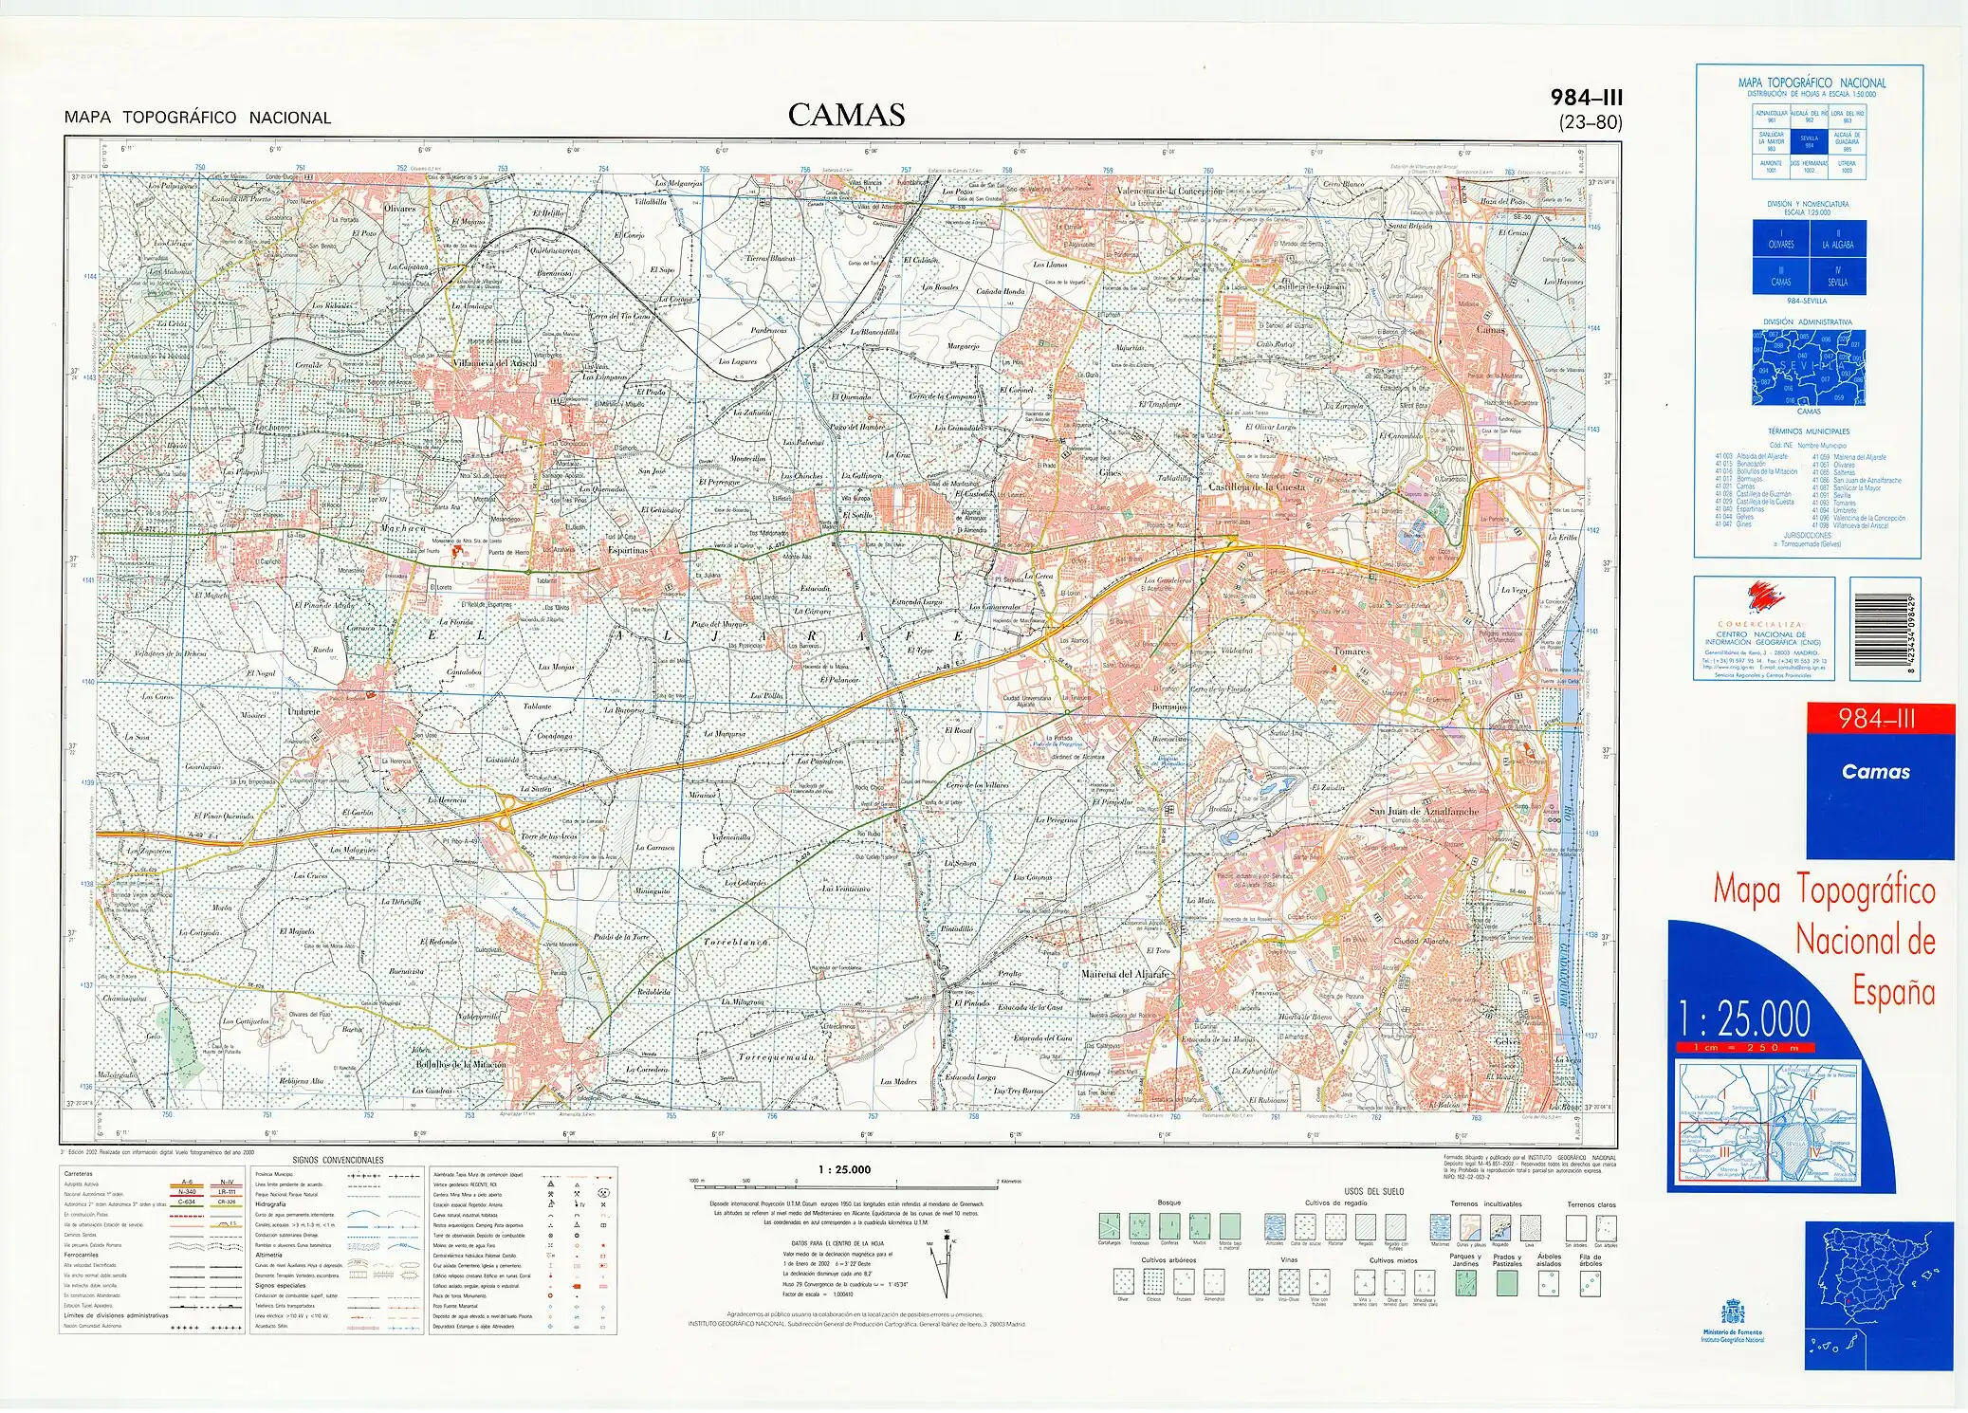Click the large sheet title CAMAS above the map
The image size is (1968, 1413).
(846, 116)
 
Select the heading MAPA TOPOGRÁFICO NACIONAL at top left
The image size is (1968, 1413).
(197, 118)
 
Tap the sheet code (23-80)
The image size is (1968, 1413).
(1590, 122)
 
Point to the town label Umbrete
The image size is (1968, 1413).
(303, 710)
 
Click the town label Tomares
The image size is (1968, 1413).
(1351, 651)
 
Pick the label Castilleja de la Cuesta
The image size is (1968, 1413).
(1256, 486)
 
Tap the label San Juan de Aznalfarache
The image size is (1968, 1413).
(1423, 812)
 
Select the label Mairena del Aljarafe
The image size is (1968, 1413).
(1125, 974)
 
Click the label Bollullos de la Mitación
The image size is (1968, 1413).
(461, 1064)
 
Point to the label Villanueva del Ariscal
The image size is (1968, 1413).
(495, 363)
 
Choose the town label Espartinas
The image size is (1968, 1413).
(628, 550)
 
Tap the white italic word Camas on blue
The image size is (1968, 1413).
(1875, 772)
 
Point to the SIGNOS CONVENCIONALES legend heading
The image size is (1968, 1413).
(338, 1160)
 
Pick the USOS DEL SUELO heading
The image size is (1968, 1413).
(1373, 1191)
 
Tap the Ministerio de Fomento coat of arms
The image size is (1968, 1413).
(1732, 1314)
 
